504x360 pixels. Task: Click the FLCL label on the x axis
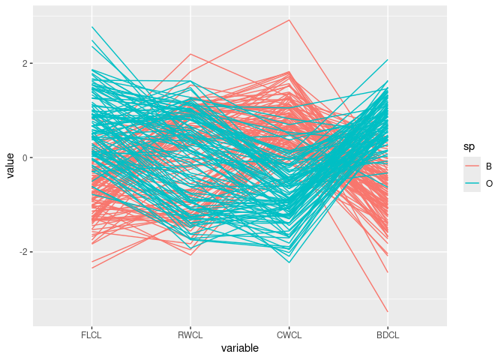(x=91, y=335)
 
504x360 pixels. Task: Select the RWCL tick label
(x=190, y=335)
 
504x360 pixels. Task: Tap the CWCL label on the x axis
(x=289, y=335)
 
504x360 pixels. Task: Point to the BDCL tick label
(x=388, y=335)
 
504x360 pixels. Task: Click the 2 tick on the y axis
(x=25, y=64)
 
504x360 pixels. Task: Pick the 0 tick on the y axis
(x=25, y=158)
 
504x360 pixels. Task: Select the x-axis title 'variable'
(x=240, y=349)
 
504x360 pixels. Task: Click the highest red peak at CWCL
(x=289, y=19)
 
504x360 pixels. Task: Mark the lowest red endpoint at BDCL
(x=388, y=311)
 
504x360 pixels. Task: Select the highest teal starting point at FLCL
(x=91, y=27)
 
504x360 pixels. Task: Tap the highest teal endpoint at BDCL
(x=388, y=59)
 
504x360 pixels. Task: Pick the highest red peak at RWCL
(x=190, y=54)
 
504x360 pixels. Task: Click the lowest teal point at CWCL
(x=289, y=262)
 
